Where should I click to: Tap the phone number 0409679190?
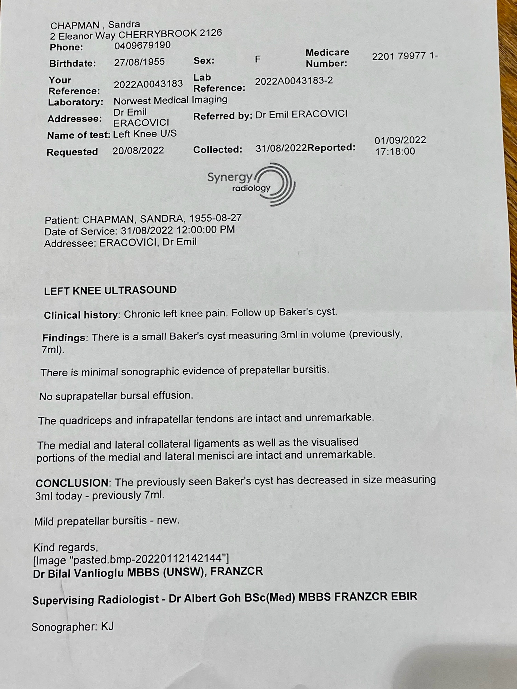click(142, 46)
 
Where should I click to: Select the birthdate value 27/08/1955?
click(139, 62)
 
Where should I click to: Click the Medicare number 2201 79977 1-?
click(405, 56)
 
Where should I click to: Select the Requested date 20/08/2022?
click(138, 151)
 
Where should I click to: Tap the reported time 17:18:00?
click(395, 152)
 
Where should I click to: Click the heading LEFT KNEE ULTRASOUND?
click(110, 290)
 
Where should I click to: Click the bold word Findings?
click(64, 338)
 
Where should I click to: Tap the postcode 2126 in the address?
click(211, 33)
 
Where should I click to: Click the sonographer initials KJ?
click(107, 626)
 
